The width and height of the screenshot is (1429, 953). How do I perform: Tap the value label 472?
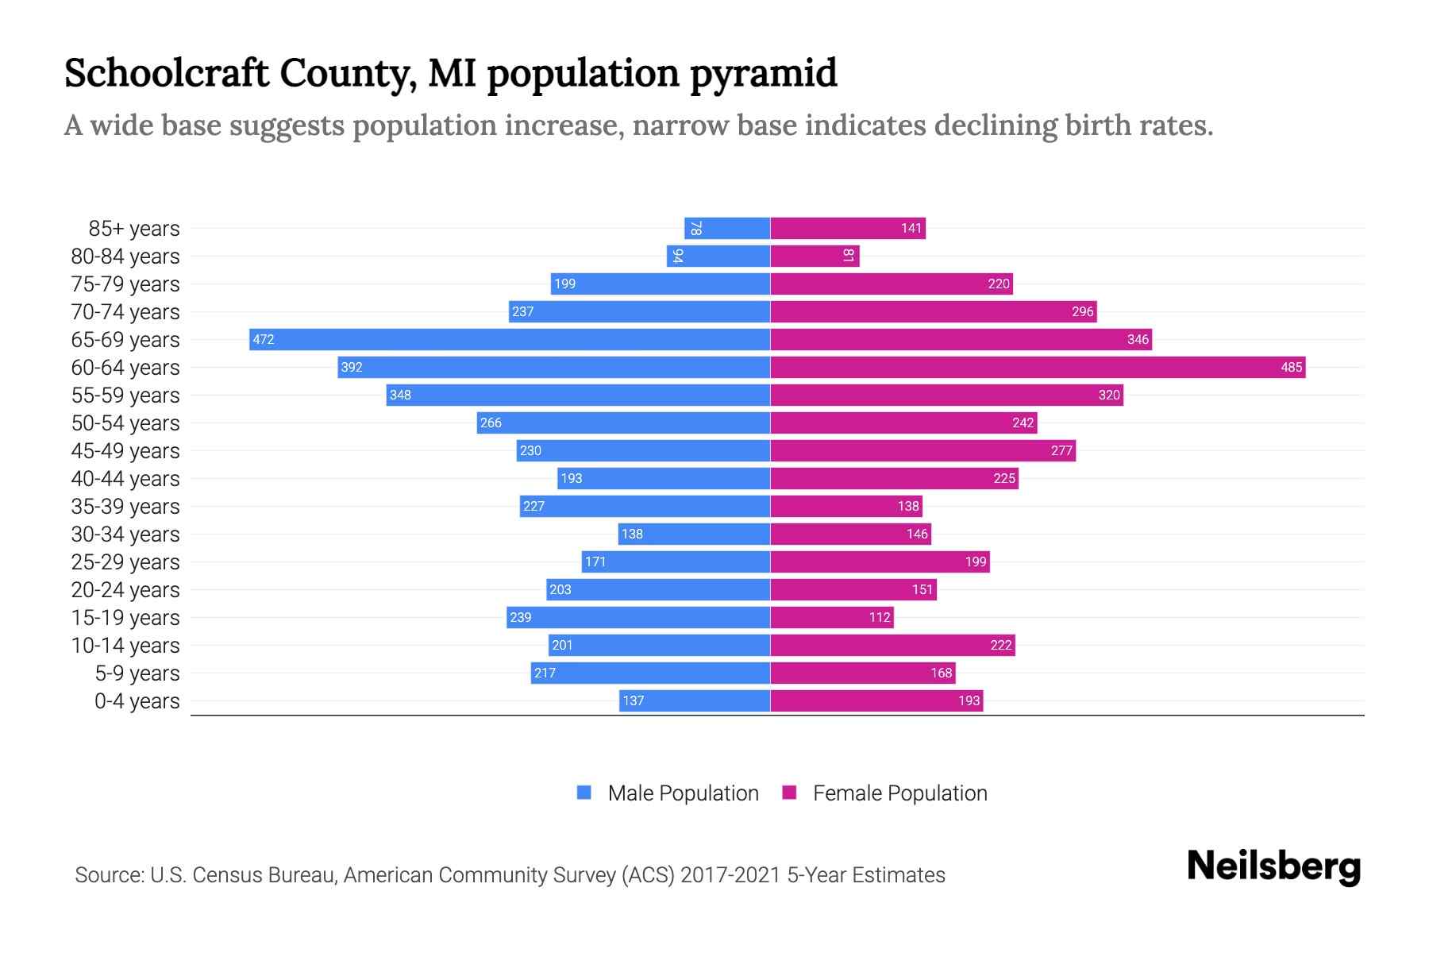tap(264, 340)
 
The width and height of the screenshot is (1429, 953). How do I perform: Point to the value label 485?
tap(1291, 368)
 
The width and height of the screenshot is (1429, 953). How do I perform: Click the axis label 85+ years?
tap(133, 229)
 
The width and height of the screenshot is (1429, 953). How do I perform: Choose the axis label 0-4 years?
tap(137, 701)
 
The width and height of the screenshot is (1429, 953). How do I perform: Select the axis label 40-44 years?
tap(125, 479)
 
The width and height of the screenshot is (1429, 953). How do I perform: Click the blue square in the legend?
tap(584, 793)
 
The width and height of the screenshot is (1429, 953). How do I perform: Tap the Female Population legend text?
tap(899, 793)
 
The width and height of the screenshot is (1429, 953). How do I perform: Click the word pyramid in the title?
tap(763, 73)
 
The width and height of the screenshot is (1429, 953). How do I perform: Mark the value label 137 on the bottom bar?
tap(634, 701)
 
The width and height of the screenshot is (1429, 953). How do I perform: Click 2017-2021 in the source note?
tap(730, 875)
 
